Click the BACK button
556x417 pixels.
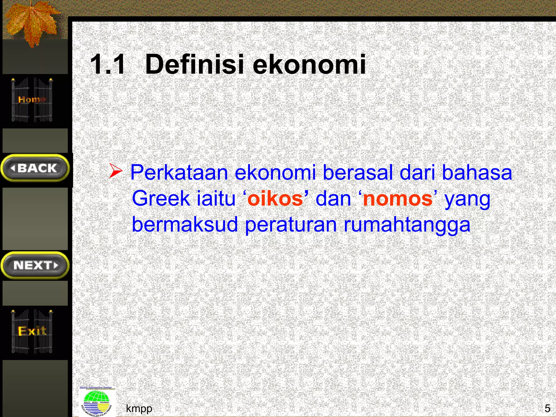[35, 168]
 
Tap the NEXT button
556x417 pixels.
[35, 265]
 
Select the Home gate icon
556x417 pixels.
[32, 100]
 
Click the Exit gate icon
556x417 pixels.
[32, 331]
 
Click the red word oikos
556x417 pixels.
[275, 199]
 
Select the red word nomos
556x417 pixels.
[397, 199]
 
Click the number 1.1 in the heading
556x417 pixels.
[108, 65]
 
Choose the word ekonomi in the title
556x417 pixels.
[309, 65]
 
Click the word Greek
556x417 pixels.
[161, 199]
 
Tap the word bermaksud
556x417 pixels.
[185, 225]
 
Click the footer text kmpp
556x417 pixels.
[139, 408]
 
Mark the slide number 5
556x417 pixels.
[547, 408]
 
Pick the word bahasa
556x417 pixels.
[477, 173]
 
